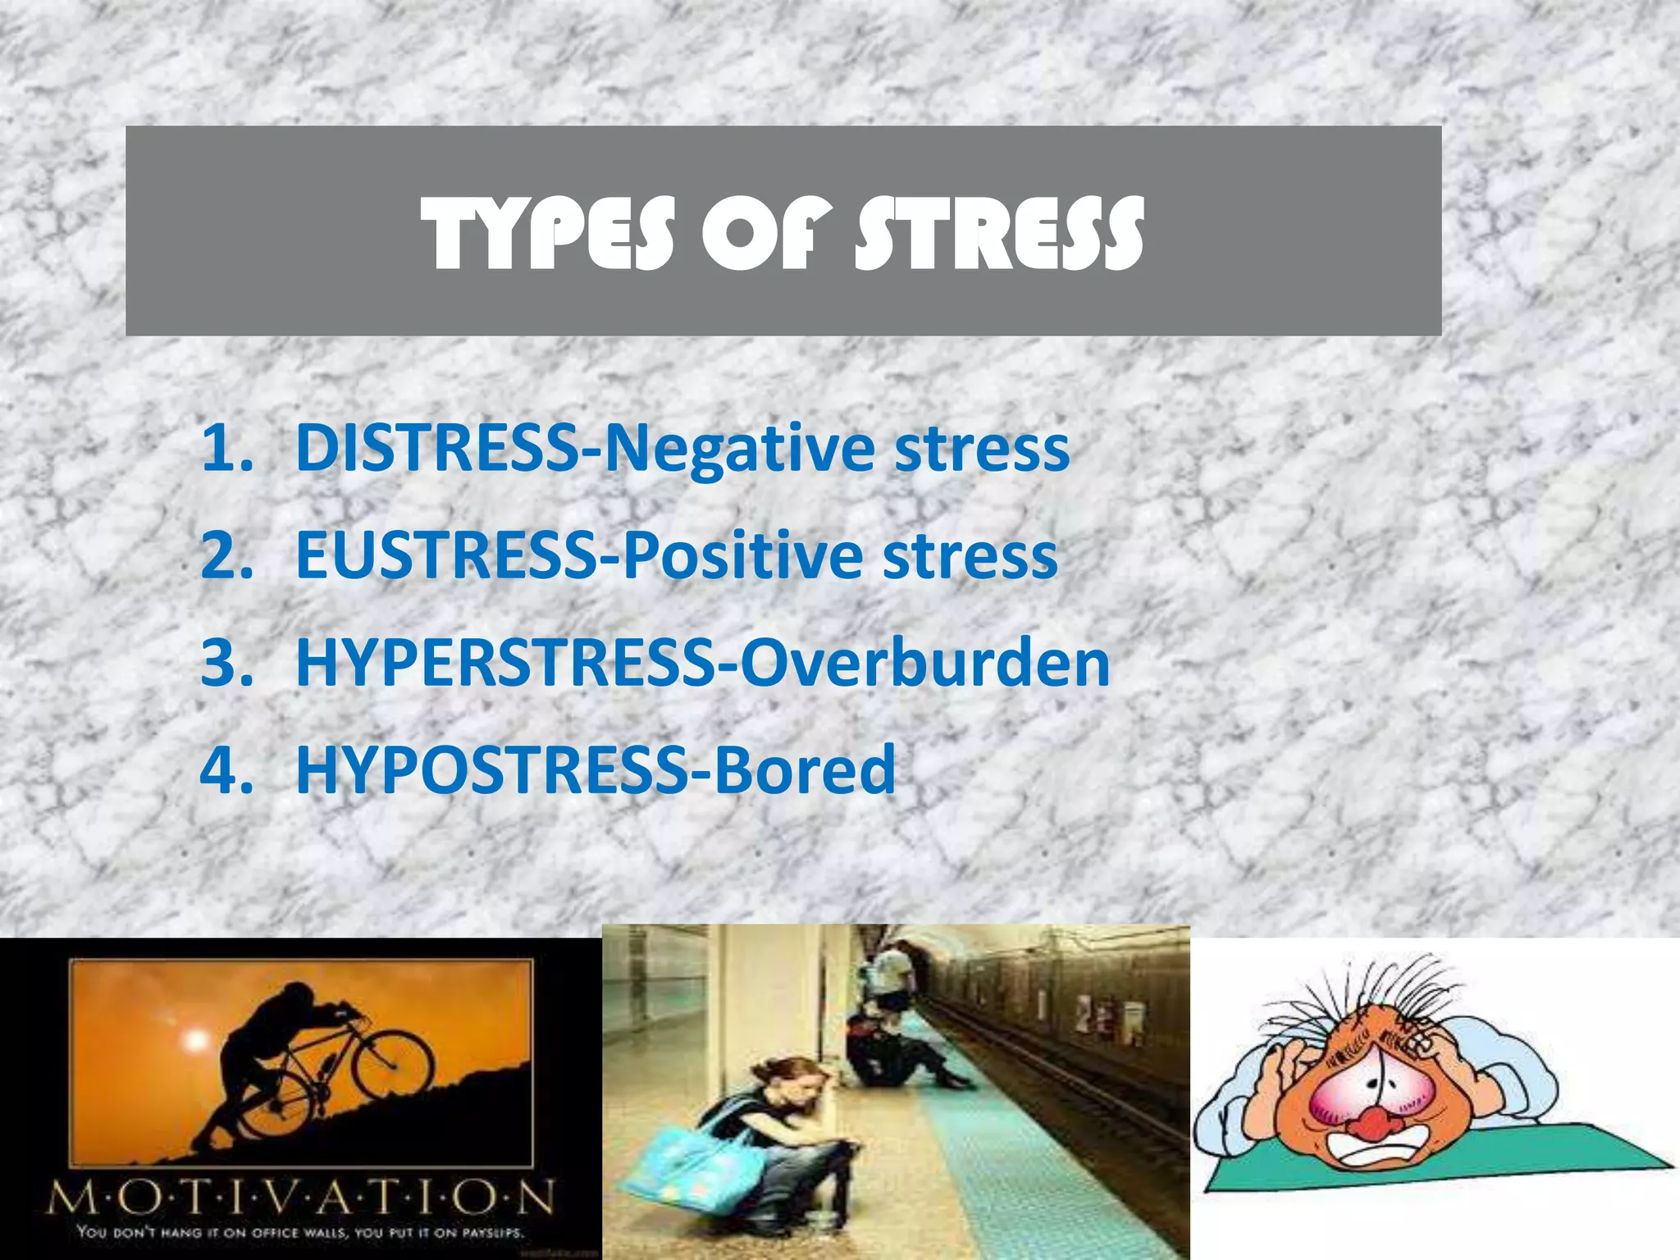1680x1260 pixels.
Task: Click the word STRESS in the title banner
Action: pos(998,235)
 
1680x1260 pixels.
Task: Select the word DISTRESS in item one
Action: pos(436,449)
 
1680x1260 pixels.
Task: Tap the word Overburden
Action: pos(924,664)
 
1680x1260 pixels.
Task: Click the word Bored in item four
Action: pos(805,770)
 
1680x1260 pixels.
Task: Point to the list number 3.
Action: pos(226,664)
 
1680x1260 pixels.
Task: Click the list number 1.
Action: pos(226,449)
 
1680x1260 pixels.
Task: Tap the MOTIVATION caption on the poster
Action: pos(300,1198)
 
